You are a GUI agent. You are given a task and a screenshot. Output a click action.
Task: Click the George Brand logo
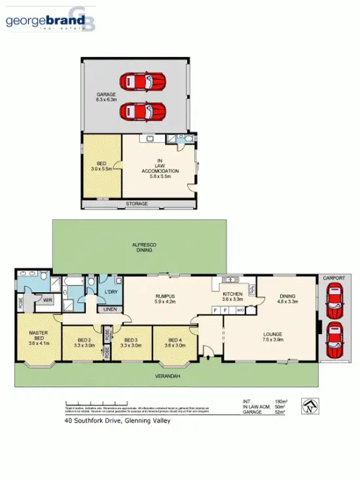[50, 20]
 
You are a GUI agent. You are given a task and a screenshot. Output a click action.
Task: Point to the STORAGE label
[136, 204]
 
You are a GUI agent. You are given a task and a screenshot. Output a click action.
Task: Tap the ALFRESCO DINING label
[143, 247]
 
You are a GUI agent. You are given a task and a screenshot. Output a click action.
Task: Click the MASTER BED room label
[39, 338]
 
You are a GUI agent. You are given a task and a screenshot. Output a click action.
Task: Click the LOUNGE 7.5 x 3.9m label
[272, 337]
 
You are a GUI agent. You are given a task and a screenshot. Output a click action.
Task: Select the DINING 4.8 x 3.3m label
[289, 299]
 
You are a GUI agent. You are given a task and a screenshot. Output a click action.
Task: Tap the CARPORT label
[334, 279]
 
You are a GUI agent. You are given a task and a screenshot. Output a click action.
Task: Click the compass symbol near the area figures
[310, 406]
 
